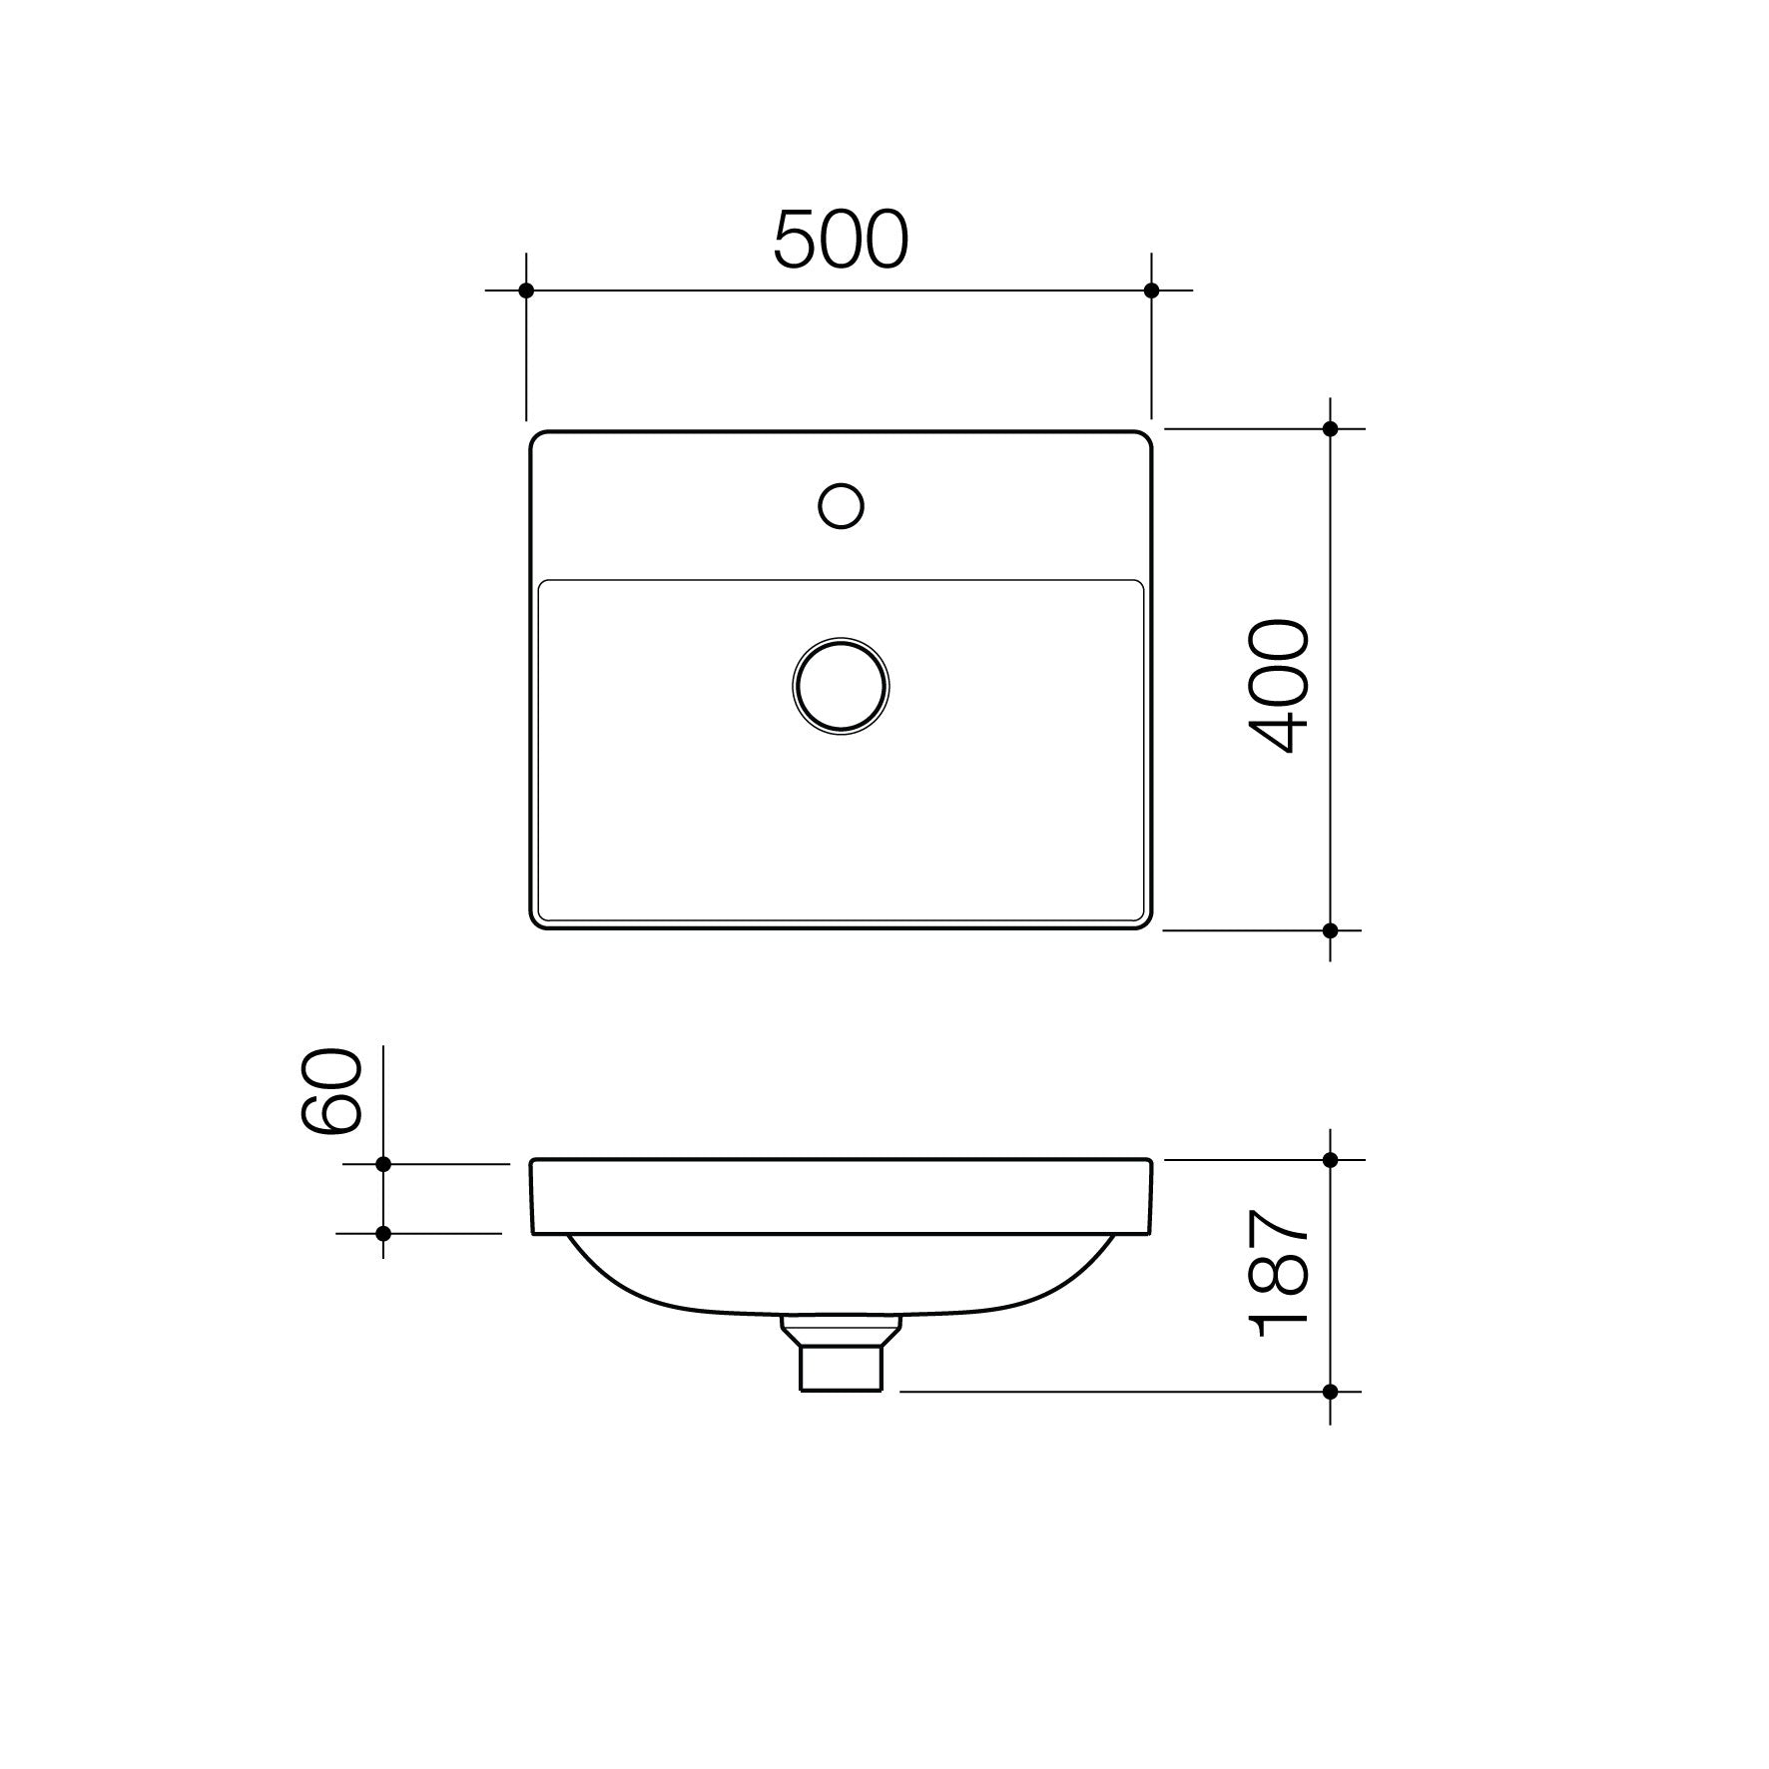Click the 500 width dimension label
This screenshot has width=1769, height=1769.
841,241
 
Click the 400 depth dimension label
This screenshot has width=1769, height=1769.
1279,685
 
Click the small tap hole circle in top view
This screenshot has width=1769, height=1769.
841,506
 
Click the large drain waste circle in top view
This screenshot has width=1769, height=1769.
841,686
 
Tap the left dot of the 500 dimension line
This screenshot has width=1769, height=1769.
526,291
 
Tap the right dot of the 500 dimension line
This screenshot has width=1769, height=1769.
1151,291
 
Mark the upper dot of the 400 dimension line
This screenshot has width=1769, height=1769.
1330,429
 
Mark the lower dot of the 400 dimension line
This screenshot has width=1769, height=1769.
1330,930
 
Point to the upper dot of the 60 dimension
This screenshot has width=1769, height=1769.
383,1164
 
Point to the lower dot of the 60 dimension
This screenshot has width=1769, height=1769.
383,1234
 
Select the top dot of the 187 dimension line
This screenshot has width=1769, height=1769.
1330,1160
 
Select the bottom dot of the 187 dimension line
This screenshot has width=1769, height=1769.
1330,1391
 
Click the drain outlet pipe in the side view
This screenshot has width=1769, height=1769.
841,1365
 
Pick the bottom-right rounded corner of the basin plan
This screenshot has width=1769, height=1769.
1145,922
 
